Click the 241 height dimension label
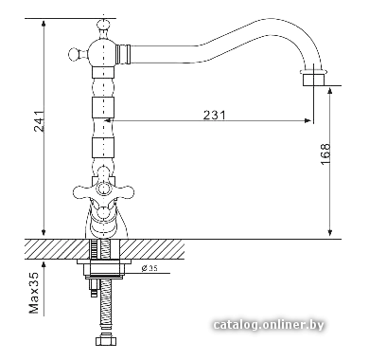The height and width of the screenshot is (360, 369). tap(39, 121)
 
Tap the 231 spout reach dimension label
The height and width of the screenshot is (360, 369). tap(215, 115)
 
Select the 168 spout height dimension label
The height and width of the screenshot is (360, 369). tap(325, 153)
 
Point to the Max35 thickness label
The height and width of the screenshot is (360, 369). tap(34, 293)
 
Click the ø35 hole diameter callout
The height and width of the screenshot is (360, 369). tap(149, 268)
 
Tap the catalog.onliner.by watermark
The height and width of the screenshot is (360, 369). tap(269, 325)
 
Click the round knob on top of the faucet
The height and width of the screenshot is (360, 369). tap(104, 26)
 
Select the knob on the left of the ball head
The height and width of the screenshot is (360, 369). tap(75, 54)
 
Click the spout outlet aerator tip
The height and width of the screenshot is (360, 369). tap(312, 79)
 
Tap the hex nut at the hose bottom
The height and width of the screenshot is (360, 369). tap(106, 341)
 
